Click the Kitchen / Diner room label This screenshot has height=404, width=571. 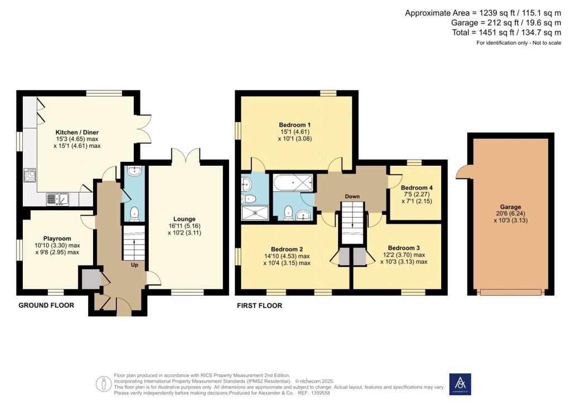[x=77, y=132]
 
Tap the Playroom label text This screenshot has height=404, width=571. [x=57, y=238]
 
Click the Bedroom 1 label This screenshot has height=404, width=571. [x=295, y=124]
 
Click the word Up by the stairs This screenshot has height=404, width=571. [x=134, y=264]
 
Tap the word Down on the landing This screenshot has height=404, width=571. [x=352, y=196]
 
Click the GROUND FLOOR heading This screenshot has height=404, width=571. [x=46, y=305]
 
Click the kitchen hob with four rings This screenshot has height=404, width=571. [x=30, y=176]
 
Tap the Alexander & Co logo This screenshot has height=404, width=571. [x=460, y=384]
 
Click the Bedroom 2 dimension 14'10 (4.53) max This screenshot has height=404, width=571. [x=291, y=256]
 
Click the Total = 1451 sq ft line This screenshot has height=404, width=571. [x=499, y=33]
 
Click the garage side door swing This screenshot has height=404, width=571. [x=462, y=172]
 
